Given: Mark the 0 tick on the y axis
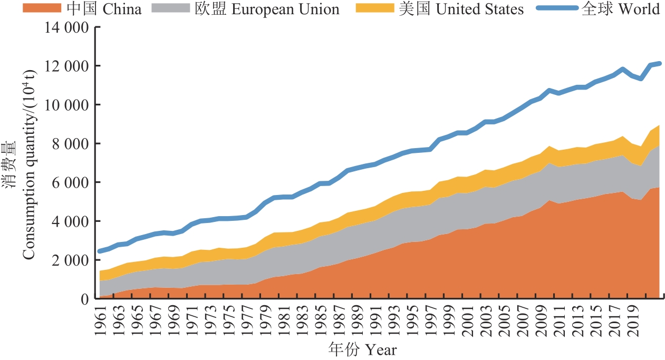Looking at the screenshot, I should tap(84, 299).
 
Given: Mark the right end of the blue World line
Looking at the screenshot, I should tap(659, 64).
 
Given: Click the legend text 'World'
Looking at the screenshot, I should tap(640, 9).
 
